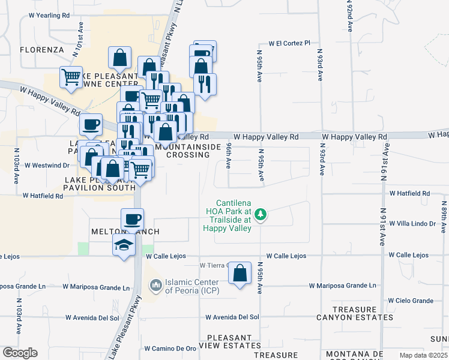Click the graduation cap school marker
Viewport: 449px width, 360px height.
[124, 245]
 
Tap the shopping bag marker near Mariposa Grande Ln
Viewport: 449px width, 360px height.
[240, 273]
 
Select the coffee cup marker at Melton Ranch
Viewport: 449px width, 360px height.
[132, 219]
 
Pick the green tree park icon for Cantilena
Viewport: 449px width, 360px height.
[261, 214]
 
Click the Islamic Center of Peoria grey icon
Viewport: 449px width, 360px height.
[155, 284]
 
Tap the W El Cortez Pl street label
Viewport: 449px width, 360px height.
[289, 43]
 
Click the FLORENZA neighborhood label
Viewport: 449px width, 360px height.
[41, 49]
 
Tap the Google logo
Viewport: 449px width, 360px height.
[20, 353]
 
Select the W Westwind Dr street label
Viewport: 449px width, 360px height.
[42, 165]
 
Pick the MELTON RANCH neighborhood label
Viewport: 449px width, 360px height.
[125, 232]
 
